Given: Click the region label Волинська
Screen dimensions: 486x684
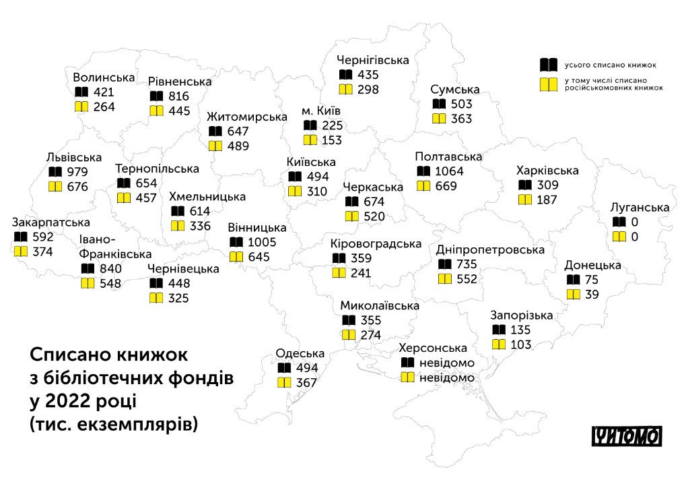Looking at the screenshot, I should pyautogui.click(x=104, y=77).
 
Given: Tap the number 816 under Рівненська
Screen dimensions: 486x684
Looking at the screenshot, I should pyautogui.click(x=179, y=96).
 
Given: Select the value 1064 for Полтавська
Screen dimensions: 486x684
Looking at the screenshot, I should pyautogui.click(x=449, y=171).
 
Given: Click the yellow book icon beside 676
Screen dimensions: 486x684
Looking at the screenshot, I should pyautogui.click(x=55, y=187).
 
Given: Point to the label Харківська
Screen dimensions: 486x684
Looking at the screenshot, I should pyautogui.click(x=547, y=170).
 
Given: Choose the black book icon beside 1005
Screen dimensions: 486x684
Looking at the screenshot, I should pyautogui.click(x=236, y=243).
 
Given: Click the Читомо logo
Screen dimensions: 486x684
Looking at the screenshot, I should pyautogui.click(x=627, y=436).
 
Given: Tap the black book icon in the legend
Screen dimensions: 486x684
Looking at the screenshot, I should pyautogui.click(x=549, y=65).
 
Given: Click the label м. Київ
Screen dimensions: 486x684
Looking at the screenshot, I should pyautogui.click(x=321, y=111).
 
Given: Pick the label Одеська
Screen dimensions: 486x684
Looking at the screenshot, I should pyautogui.click(x=300, y=354).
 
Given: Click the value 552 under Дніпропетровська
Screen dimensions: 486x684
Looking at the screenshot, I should pyautogui.click(x=467, y=278).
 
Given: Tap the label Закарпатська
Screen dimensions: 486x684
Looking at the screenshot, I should pyautogui.click(x=51, y=222).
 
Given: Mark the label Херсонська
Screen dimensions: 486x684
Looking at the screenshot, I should pyautogui.click(x=432, y=348).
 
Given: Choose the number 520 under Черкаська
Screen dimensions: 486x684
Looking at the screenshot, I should pyautogui.click(x=374, y=216).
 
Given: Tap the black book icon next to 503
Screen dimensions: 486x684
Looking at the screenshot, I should pyautogui.click(x=439, y=104).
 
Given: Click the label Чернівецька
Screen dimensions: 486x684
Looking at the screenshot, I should pyautogui.click(x=183, y=269).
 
